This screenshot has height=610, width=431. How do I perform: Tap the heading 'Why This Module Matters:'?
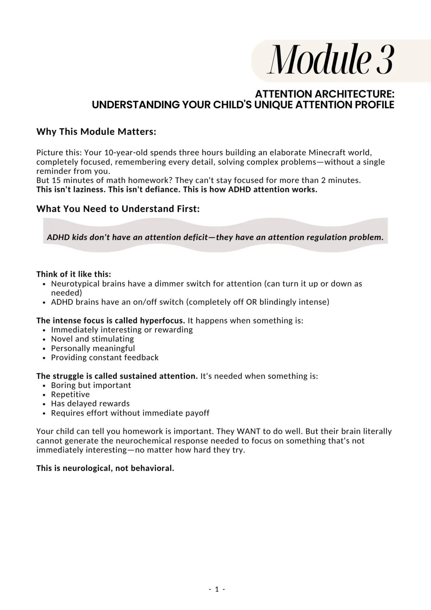96,132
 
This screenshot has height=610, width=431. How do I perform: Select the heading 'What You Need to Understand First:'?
118,209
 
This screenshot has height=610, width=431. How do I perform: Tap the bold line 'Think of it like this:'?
74,274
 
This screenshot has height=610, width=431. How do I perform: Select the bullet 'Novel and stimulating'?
92,339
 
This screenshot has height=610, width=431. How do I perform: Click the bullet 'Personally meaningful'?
93,348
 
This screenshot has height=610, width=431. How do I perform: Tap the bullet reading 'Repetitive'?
70,394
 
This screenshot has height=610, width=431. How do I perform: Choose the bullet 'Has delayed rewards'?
90,404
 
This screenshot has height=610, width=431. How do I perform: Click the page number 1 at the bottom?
217,589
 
